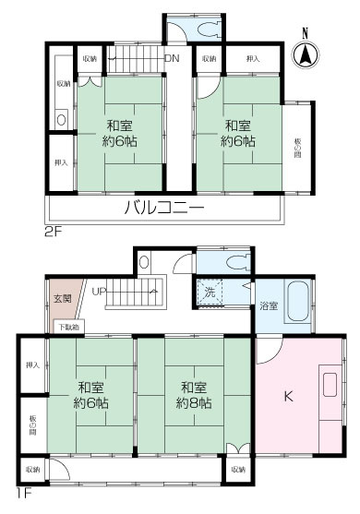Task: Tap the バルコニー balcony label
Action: pos(164,209)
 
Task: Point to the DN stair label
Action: pos(171,59)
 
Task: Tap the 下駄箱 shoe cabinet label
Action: pos(69,327)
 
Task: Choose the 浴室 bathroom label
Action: pos(269,305)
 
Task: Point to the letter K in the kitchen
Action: pos(288,398)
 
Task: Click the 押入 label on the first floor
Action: pos(32,365)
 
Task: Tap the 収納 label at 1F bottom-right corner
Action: pos(238,470)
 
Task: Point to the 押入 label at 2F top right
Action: pos(253,59)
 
